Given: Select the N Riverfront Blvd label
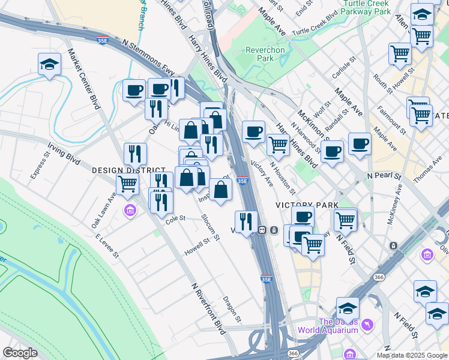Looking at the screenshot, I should point(208,309).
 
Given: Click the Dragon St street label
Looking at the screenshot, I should point(232,308).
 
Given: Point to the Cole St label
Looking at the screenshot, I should point(175,220).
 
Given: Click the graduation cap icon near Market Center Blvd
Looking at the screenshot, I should point(50,64).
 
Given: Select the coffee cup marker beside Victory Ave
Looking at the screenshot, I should point(253,131).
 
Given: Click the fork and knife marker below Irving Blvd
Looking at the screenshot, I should point(136,154).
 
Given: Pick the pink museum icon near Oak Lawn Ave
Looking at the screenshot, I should point(129,211).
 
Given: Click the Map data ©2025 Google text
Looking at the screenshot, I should point(412,355).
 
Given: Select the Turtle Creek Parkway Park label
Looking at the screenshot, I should point(366,7).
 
